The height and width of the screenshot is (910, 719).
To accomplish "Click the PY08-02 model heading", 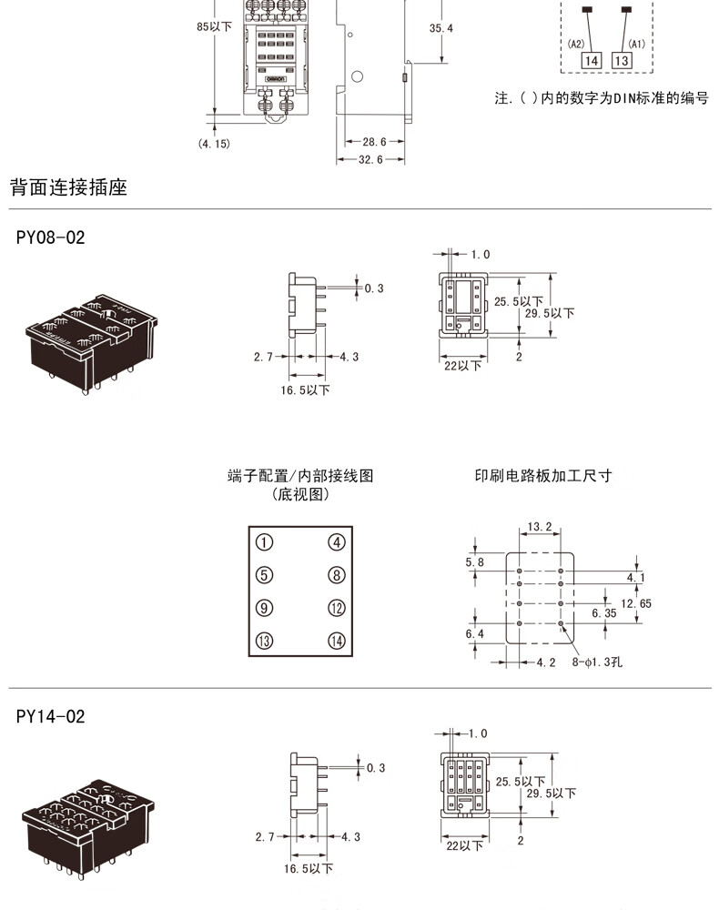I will [x=50, y=238].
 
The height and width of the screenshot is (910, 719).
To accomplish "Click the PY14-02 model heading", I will [x=50, y=717].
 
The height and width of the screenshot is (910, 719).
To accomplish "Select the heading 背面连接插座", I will [x=68, y=188].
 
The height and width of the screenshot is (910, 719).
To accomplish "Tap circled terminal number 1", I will [x=264, y=542].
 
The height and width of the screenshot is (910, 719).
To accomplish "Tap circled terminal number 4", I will [x=337, y=542].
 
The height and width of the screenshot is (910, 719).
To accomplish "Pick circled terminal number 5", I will [x=264, y=575].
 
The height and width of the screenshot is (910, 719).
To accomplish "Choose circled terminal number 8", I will [x=337, y=575].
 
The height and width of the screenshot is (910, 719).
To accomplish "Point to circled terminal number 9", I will [x=264, y=608].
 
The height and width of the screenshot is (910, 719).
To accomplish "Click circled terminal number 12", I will [x=337, y=608].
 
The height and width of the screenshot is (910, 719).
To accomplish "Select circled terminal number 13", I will [x=264, y=641].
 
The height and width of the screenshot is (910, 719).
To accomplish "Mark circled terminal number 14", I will [x=337, y=641].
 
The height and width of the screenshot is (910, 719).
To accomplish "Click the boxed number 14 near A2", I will [x=592, y=61].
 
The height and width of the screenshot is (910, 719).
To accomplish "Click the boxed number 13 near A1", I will [x=622, y=61].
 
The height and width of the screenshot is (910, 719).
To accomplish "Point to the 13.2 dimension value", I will [x=540, y=527].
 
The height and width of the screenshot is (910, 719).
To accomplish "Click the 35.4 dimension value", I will [x=441, y=28].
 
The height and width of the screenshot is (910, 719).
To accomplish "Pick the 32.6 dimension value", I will [x=368, y=159].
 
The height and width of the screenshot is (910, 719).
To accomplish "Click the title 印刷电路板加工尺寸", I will [x=542, y=476].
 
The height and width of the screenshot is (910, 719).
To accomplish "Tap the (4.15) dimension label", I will [x=214, y=143].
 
